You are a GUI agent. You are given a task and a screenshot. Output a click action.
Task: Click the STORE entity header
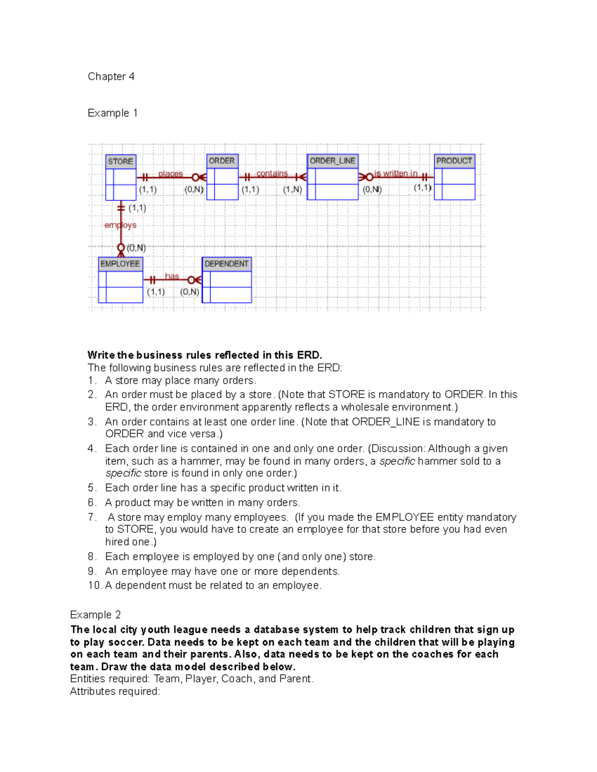[x=120, y=162]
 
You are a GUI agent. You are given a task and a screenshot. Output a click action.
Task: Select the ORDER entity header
[x=222, y=161]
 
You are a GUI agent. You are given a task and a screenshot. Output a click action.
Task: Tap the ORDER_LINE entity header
[x=332, y=161]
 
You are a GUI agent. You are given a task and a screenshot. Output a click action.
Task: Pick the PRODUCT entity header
[x=454, y=161]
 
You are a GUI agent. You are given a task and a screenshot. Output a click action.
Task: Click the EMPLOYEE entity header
[x=120, y=264]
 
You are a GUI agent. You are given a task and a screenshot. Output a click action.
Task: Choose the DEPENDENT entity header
[x=226, y=264]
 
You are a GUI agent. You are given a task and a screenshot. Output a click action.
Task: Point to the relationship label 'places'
[x=171, y=174]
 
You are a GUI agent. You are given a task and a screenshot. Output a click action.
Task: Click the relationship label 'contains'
[x=272, y=173]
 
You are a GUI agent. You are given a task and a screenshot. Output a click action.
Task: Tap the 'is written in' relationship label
[x=396, y=173]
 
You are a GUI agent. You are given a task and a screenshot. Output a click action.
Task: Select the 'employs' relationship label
[x=120, y=225]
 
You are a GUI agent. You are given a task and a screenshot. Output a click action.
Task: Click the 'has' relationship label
[x=172, y=276]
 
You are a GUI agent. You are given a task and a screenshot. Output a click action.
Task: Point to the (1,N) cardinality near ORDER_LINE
[x=293, y=189]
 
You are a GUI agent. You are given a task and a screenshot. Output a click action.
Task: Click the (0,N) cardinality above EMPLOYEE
[x=136, y=248]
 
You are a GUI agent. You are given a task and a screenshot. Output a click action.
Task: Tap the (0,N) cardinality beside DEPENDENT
[x=190, y=292]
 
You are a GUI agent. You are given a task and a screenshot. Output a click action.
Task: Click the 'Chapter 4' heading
[x=111, y=77]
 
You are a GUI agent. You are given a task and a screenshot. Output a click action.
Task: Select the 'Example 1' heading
[x=112, y=113]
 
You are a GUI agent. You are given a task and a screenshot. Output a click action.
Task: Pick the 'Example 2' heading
[x=96, y=615]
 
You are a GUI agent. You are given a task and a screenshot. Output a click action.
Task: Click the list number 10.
[x=94, y=586]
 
